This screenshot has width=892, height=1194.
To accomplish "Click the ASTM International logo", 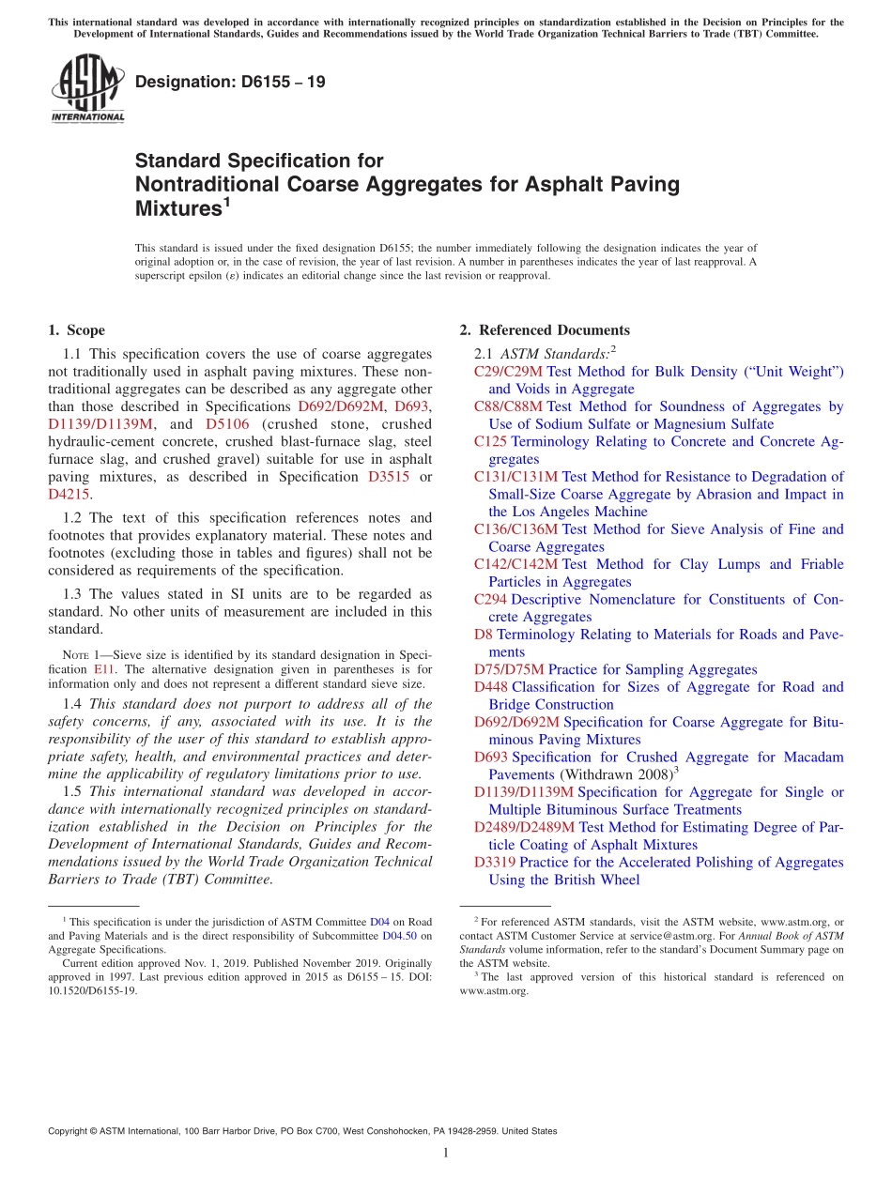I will [x=87, y=88].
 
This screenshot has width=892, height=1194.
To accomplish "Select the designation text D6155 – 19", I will [x=230, y=82].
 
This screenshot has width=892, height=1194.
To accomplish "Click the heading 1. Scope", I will [x=76, y=330].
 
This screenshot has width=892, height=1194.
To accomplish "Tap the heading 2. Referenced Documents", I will [x=545, y=330].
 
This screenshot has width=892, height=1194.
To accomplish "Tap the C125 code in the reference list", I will [x=490, y=441].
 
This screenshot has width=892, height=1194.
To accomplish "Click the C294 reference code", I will [x=490, y=599].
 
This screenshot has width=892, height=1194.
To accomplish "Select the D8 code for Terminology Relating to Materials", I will [x=483, y=635].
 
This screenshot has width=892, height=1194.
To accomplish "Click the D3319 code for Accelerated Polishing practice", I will [x=494, y=862].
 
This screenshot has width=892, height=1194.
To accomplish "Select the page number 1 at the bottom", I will [x=446, y=1154].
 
